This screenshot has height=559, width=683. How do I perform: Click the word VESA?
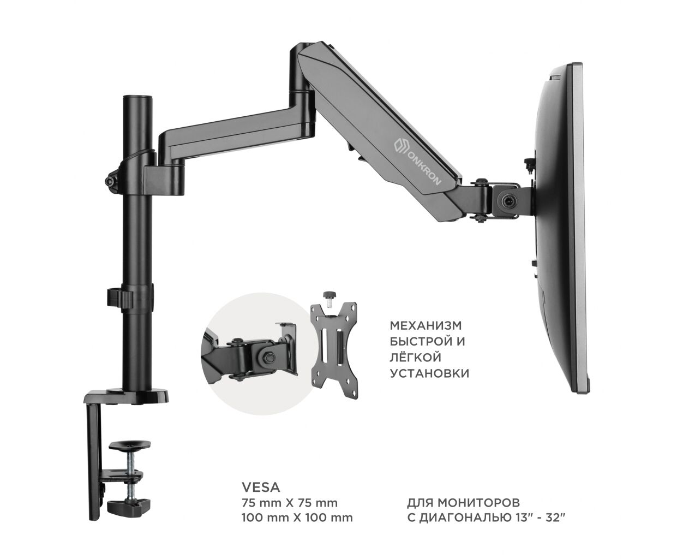tap(261, 496)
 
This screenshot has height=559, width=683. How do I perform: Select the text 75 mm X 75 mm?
tap(290, 512)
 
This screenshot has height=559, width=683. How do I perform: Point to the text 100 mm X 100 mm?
tap(297, 527)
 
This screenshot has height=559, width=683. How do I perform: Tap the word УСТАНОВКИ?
tap(429, 373)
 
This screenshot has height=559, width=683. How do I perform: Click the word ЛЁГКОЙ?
tap(416, 357)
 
